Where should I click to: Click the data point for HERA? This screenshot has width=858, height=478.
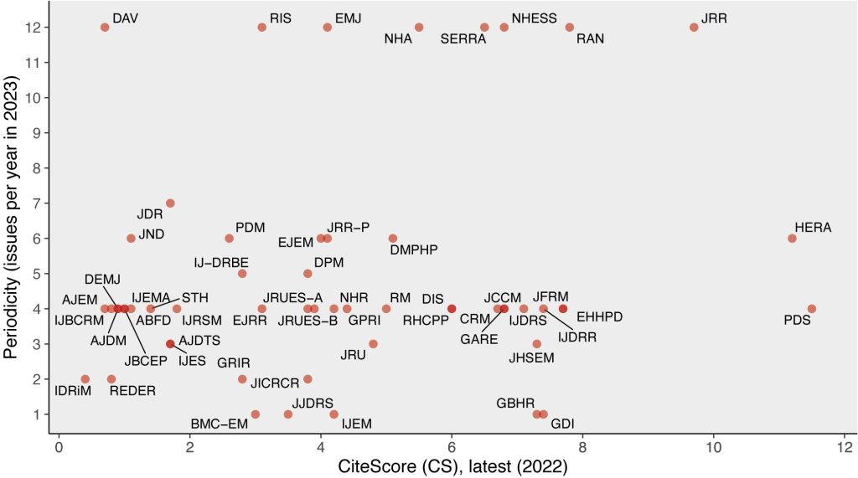click(792, 239)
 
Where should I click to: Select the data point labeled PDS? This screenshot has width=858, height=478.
click(811, 309)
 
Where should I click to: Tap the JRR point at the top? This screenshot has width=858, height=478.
click(694, 27)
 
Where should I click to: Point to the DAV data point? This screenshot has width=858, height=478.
click(105, 27)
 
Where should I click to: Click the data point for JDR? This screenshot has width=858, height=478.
click(170, 203)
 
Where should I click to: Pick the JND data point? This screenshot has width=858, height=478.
click(131, 239)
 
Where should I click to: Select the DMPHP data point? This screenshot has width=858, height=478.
click(393, 239)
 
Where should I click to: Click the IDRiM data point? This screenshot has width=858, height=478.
click(85, 379)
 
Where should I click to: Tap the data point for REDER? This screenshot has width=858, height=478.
click(111, 379)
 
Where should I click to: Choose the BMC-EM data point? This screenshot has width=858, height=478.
click(256, 414)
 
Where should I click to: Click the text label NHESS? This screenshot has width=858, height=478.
click(534, 18)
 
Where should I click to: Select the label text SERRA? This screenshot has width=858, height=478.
click(463, 39)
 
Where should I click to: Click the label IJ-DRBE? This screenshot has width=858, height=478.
click(221, 262)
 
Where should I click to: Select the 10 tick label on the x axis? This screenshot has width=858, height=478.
click(713, 448)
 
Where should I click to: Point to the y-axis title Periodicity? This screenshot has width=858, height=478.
click(12, 218)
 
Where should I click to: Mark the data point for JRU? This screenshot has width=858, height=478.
click(373, 344)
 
